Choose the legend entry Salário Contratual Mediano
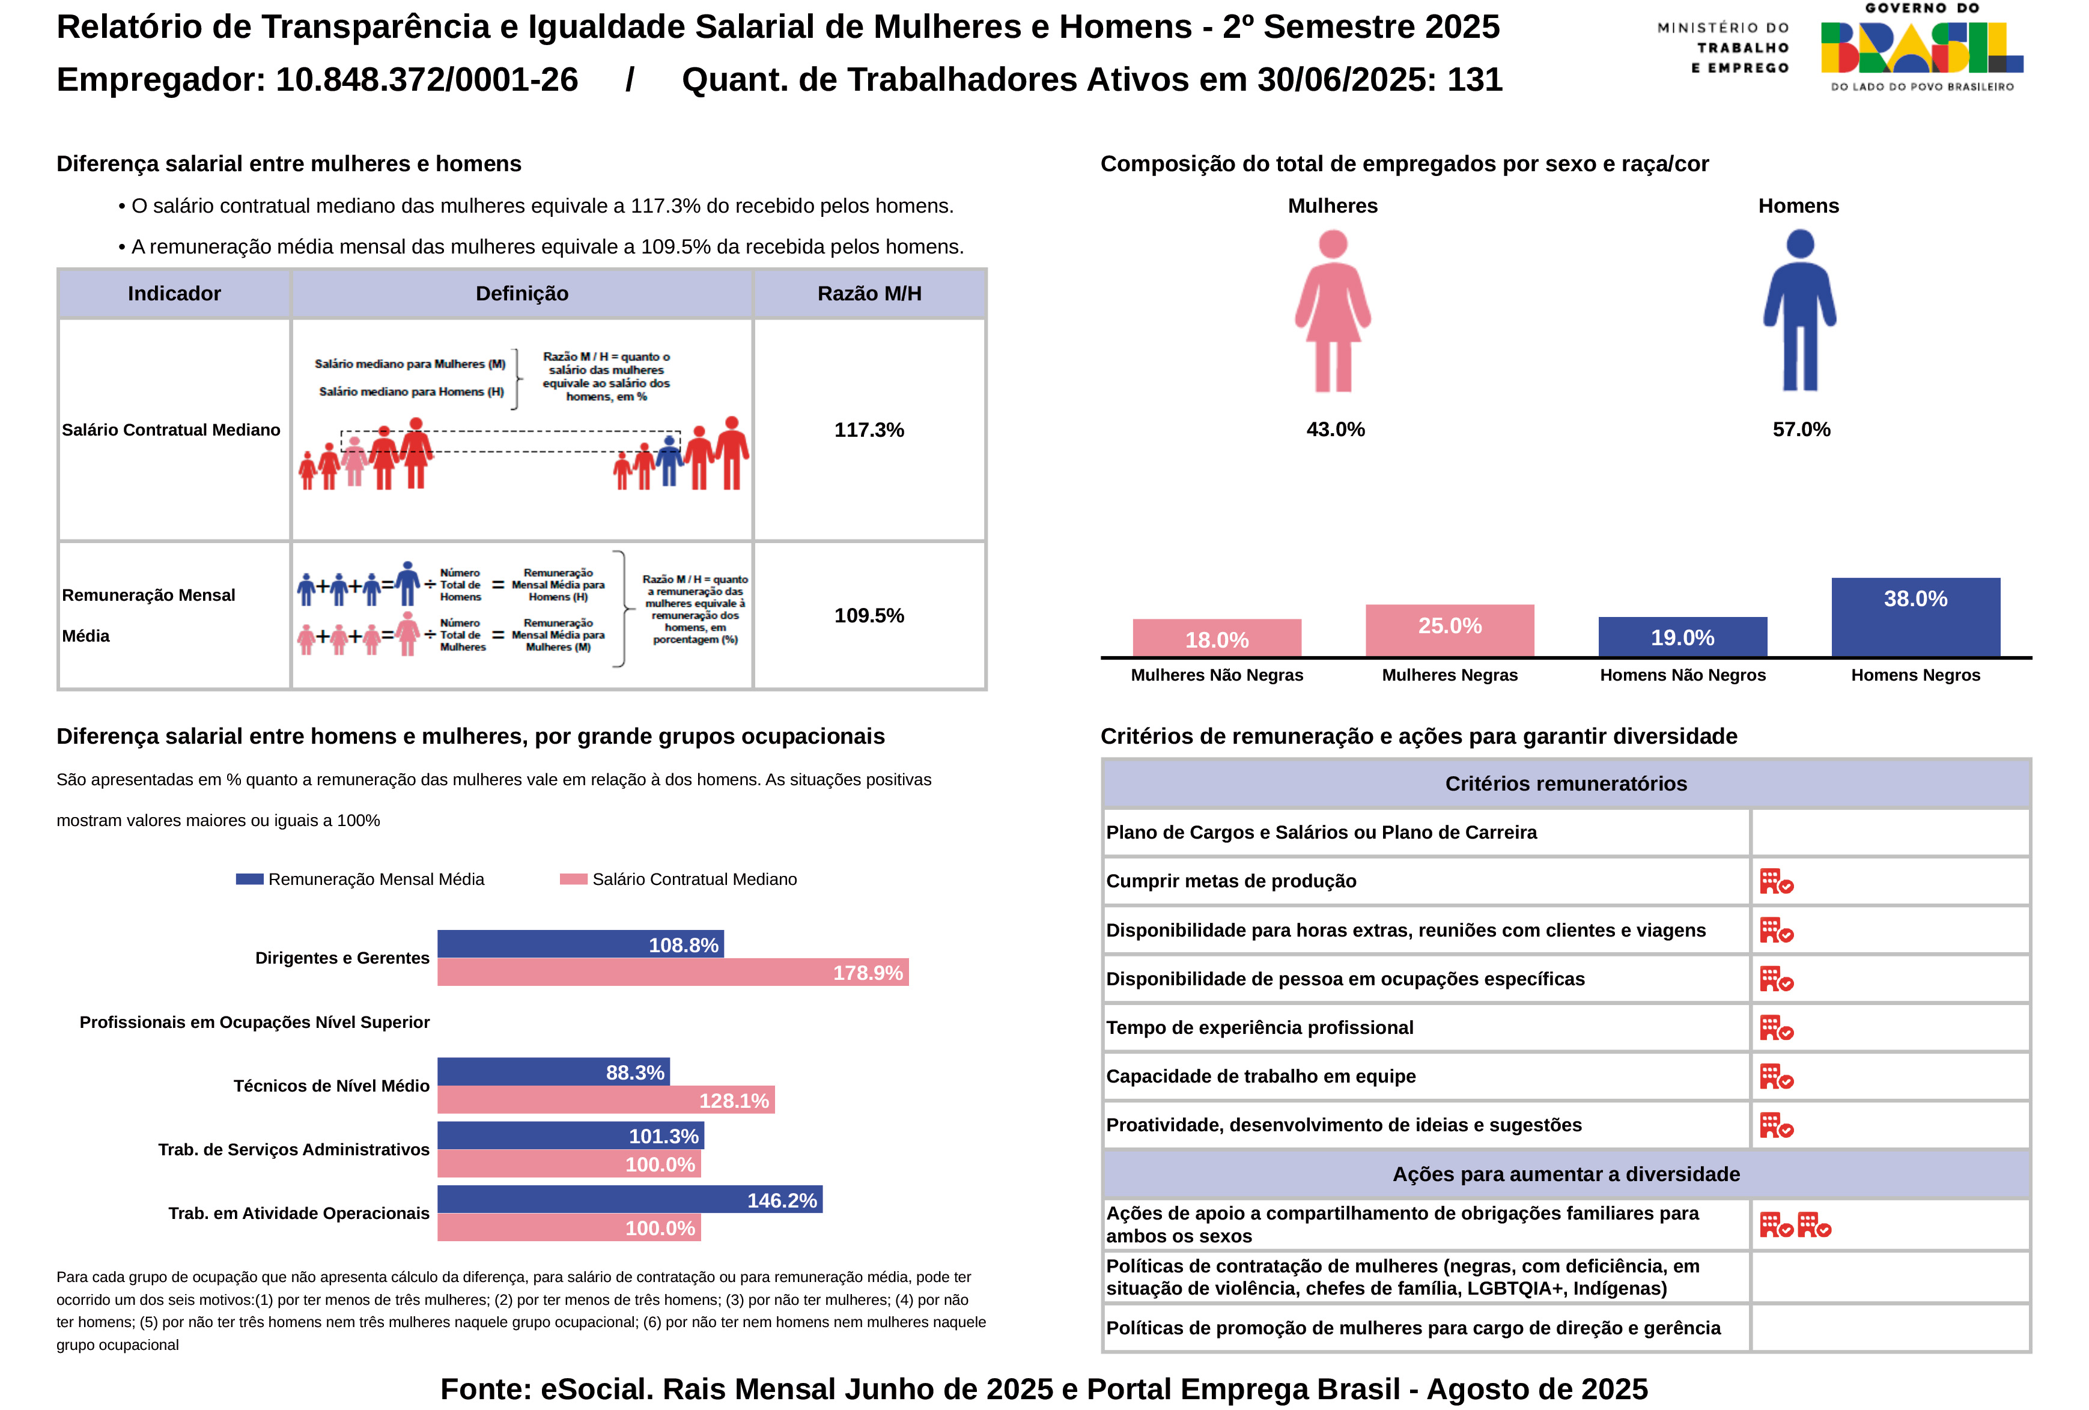pos(679,879)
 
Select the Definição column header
pos(521,294)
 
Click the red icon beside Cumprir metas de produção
pos(1775,881)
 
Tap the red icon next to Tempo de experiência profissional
pos(1775,1027)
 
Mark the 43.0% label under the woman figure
pos(1335,430)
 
